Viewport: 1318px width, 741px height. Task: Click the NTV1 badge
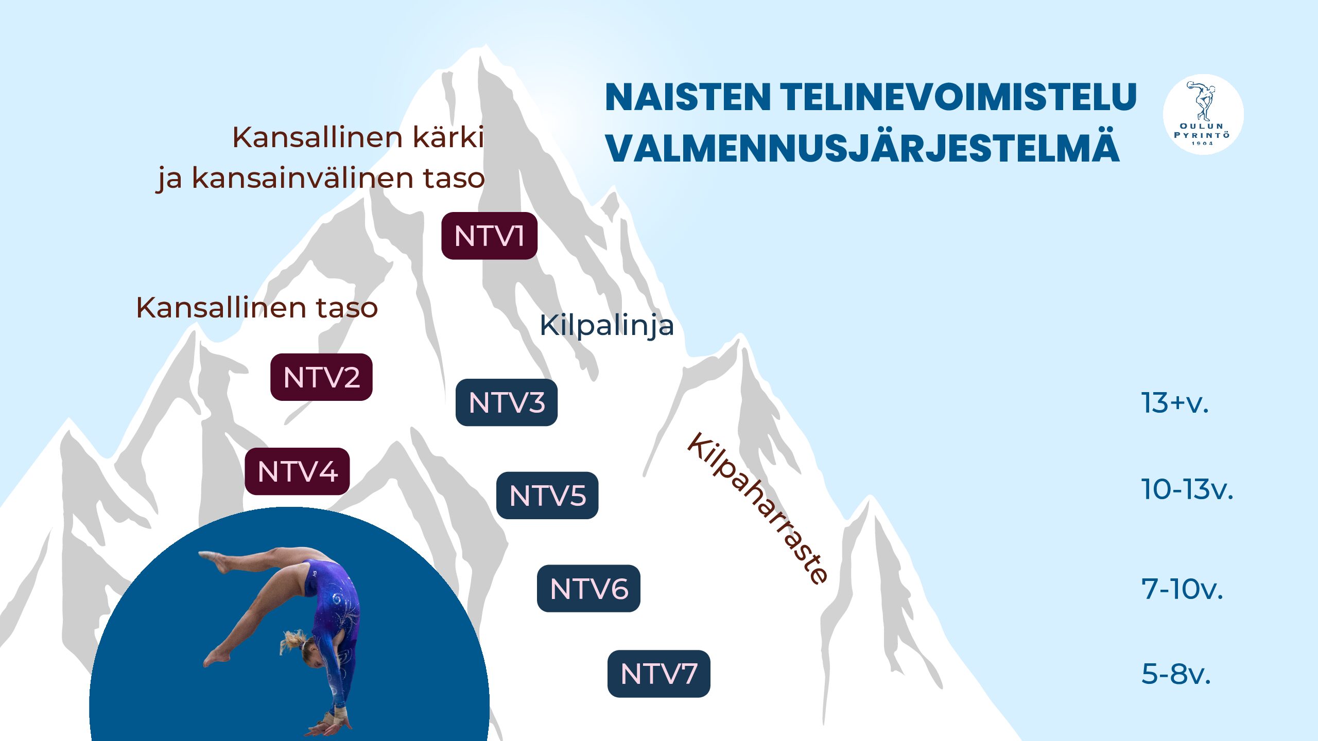489,236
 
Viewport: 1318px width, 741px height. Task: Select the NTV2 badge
321,377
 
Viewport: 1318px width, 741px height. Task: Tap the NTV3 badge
507,402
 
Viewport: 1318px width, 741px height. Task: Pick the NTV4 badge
297,471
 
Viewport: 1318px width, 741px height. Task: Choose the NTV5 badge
547,496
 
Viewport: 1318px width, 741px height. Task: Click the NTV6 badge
588,589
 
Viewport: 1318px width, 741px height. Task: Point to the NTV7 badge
659,674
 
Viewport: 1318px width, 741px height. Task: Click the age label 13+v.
1174,403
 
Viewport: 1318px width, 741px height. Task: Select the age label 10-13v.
1187,489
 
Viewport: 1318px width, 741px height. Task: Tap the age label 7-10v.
1182,589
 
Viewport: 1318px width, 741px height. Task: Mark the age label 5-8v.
1176,674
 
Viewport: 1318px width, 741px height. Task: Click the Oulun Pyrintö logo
1203,114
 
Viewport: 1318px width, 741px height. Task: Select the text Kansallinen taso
257,308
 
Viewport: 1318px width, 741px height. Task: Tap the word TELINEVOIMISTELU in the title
958,97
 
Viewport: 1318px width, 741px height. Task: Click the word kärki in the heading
449,137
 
